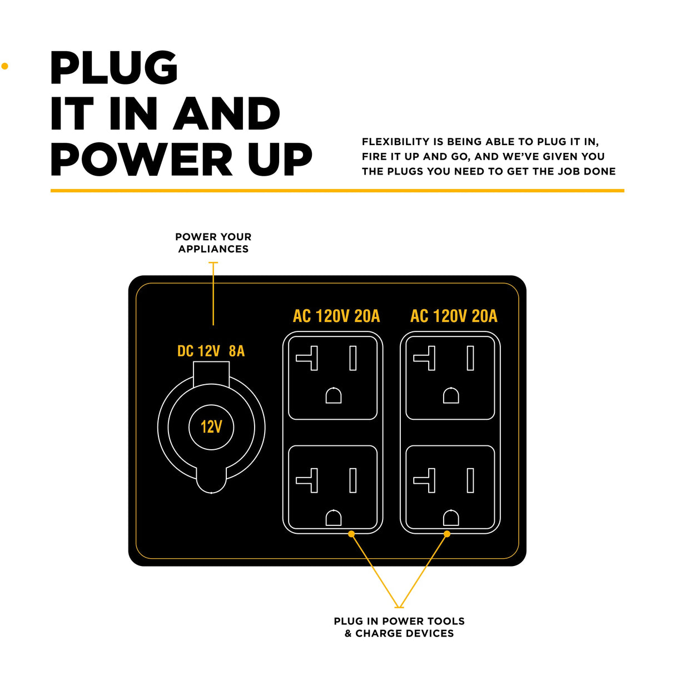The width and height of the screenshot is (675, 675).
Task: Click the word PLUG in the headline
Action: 114,68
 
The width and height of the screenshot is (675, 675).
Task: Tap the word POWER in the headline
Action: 142,160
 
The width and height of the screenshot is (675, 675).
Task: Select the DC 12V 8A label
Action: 211,351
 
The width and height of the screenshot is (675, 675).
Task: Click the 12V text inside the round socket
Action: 211,427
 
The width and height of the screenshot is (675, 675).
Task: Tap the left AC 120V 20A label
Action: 336,316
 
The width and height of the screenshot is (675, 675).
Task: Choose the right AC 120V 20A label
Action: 454,316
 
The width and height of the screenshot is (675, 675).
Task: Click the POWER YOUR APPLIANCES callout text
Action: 214,243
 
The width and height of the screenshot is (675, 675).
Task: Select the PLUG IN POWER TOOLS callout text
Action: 399,627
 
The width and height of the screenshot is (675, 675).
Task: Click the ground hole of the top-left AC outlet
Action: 333,395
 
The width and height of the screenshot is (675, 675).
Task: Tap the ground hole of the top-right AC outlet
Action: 451,395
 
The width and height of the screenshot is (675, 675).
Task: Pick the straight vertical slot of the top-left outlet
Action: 353,358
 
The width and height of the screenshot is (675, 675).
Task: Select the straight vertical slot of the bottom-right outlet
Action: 470,480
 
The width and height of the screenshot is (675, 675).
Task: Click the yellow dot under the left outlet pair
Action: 351,534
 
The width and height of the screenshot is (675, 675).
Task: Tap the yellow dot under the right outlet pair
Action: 447,534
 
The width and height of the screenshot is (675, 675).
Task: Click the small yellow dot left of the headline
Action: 5,66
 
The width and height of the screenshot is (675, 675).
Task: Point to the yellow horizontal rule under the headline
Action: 337,191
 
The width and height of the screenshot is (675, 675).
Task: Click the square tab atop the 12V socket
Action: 211,373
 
